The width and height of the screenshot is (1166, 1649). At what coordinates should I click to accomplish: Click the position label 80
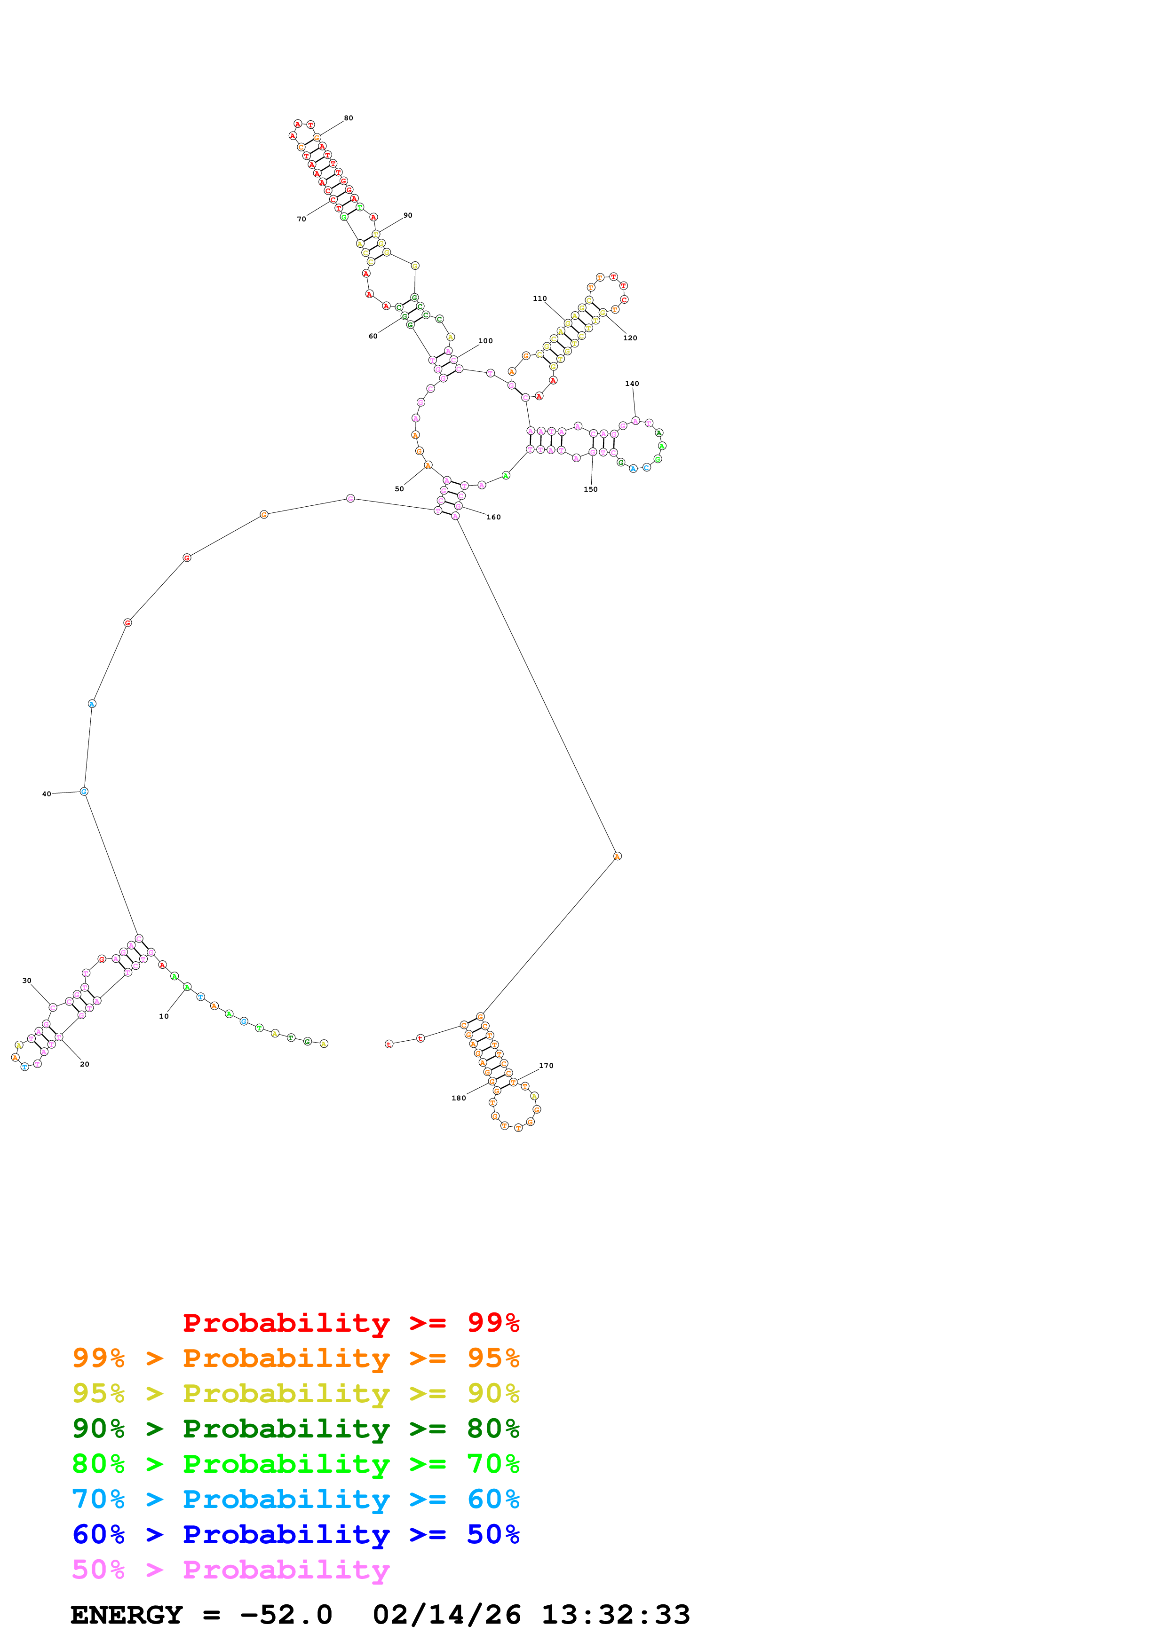349,118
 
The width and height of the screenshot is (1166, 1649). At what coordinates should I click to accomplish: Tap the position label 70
302,219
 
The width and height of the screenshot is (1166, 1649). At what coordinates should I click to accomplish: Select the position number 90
408,215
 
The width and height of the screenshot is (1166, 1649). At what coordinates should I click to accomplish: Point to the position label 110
539,299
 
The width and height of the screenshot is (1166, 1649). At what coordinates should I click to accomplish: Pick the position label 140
632,384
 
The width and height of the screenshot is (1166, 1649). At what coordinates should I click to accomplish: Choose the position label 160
493,517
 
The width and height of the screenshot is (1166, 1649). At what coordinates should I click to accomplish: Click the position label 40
47,794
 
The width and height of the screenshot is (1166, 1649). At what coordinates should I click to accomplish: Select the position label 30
27,981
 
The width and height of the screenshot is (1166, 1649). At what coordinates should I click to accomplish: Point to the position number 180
458,1098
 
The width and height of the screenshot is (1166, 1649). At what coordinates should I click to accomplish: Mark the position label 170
546,1066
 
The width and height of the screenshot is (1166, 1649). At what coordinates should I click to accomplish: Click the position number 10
164,1016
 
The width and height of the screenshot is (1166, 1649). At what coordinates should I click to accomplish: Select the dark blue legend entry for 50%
295,1535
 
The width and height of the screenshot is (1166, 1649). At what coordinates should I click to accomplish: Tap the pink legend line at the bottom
230,1570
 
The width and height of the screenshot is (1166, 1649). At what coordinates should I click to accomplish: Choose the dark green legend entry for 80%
295,1429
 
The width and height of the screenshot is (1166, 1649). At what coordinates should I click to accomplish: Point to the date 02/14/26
446,1615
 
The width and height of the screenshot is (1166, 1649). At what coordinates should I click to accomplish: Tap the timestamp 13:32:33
616,1615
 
